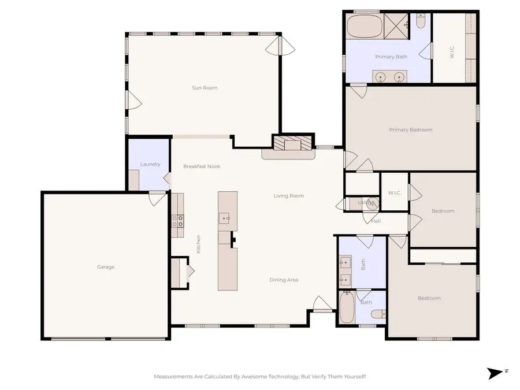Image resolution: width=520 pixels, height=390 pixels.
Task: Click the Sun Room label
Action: click(205, 88)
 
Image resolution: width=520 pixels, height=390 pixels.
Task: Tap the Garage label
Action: click(106, 267)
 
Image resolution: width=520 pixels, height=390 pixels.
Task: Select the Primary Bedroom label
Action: click(410, 130)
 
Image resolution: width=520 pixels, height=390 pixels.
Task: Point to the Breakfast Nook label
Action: click(202, 166)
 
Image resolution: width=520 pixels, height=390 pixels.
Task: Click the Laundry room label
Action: click(150, 164)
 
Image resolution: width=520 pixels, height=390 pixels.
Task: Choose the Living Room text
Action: click(289, 196)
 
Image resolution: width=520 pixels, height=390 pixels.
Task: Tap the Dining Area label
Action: click(284, 280)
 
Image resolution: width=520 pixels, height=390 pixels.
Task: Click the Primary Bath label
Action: click(391, 57)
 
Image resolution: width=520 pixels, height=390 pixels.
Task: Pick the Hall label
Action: click(376, 221)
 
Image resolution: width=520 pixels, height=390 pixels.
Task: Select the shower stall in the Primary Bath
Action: click(397, 26)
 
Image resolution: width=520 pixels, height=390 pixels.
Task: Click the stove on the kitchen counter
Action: click(177, 220)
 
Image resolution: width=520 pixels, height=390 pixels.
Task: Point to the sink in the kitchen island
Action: click(225, 218)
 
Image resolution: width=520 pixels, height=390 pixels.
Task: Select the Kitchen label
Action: click(198, 244)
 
